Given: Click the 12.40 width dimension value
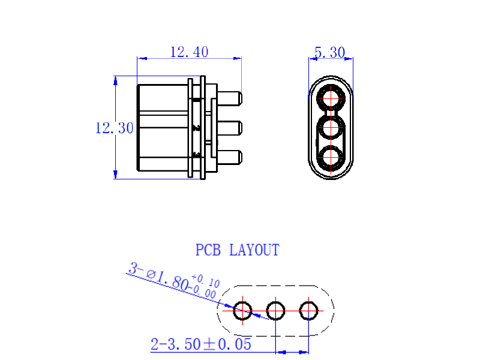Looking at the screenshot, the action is (189, 52).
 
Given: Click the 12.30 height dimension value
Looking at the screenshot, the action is (115, 128).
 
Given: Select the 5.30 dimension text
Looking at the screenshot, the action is (330, 53).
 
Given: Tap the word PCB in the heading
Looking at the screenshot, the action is (208, 250).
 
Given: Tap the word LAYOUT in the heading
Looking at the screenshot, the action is (254, 250).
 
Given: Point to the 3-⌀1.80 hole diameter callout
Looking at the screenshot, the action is (158, 277).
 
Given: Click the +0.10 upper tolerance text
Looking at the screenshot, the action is (206, 281).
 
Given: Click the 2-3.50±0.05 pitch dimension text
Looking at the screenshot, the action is (201, 344).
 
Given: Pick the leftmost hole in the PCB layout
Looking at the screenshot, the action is (243, 311).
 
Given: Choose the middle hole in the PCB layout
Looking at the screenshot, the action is (276, 311).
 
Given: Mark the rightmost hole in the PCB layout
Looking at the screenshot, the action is (308, 311).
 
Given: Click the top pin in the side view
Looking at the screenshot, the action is (230, 98).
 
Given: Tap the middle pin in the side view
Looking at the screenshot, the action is (230, 128).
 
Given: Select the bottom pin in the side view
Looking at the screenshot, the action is (230, 157).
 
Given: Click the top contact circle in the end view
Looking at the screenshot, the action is (331, 98).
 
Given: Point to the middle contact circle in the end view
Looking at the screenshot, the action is (331, 128).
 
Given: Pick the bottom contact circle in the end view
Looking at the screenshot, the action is (331, 157).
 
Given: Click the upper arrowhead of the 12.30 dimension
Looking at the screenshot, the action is (115, 80).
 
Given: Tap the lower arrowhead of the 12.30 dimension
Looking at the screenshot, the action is (115, 175).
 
